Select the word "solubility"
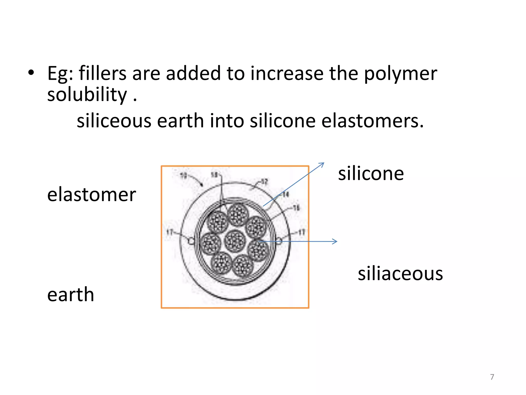pos(87,95)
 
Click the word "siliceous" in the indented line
pos(114,121)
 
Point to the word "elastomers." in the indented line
pos(372,121)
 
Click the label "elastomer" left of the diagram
pos(91,195)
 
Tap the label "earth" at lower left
pos(71,294)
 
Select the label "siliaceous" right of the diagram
pos(400,273)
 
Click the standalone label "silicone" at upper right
pos(371,174)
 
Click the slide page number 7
pos(492,377)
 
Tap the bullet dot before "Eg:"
pos(31,73)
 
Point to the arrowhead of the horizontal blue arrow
pos(335,241)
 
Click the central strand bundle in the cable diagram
pos(235,241)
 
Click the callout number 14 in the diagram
pos(286,194)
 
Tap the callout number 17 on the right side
pos(301,232)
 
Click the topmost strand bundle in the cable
pos(238,214)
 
